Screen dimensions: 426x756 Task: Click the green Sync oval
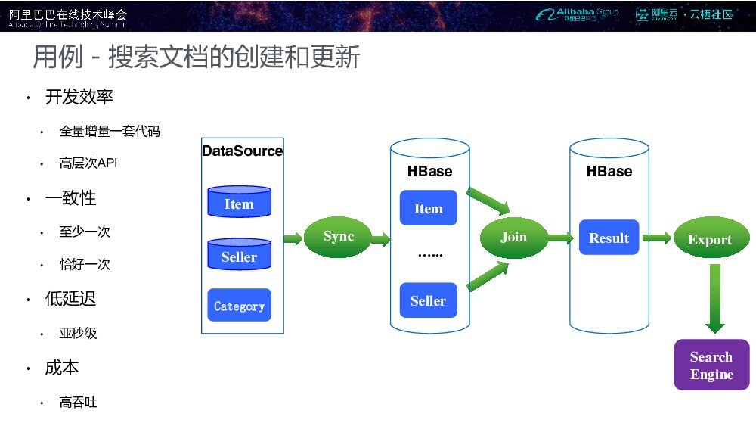pyautogui.click(x=338, y=237)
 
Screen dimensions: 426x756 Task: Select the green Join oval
pyautogui.click(x=513, y=238)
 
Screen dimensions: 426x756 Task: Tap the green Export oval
pyautogui.click(x=710, y=240)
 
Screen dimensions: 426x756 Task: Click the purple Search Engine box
pyautogui.click(x=711, y=365)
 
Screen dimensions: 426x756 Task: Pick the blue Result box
pyautogui.click(x=609, y=238)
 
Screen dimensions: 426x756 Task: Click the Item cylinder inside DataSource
pyautogui.click(x=239, y=203)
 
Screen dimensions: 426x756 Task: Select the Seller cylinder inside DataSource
pyautogui.click(x=239, y=256)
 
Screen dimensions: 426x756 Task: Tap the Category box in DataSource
pyautogui.click(x=239, y=306)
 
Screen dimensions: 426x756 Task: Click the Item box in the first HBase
pyautogui.click(x=428, y=208)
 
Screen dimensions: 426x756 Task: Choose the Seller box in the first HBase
pyautogui.click(x=428, y=300)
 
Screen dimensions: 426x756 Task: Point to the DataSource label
pyautogui.click(x=242, y=151)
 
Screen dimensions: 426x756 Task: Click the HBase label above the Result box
pyautogui.click(x=609, y=172)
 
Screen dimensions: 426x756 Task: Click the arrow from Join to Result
pyautogui.click(x=560, y=238)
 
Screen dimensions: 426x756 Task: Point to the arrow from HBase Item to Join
pyautogui.click(x=488, y=200)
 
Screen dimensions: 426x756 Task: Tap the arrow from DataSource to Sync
pyautogui.click(x=293, y=240)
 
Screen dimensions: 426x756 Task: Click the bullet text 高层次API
pyautogui.click(x=88, y=163)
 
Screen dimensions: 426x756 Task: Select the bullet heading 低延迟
pyautogui.click(x=71, y=299)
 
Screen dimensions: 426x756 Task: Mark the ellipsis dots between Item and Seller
pyautogui.click(x=430, y=255)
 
